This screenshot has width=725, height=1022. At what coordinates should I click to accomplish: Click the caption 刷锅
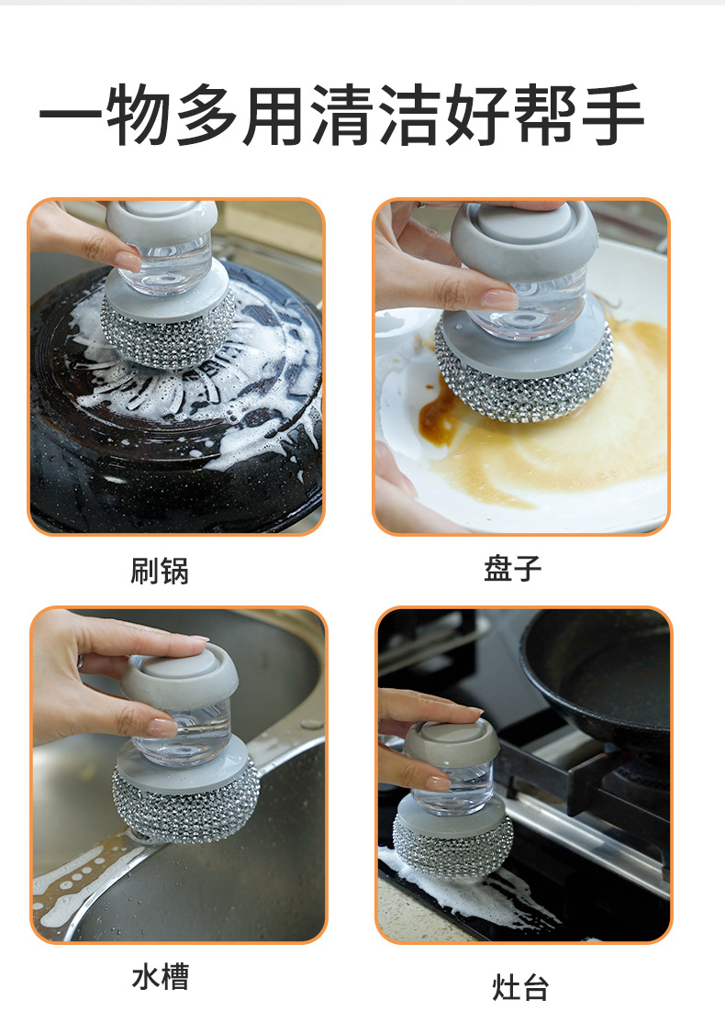pos(160,571)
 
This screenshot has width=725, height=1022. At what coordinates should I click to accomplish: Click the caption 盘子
pos(513,568)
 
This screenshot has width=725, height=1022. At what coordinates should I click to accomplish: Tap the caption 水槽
pos(161,976)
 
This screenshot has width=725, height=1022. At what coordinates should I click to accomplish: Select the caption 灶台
pos(520,988)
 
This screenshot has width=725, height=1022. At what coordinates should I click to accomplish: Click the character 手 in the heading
pos(609,117)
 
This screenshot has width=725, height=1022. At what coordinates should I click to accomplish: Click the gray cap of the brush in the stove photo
pos(452,740)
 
